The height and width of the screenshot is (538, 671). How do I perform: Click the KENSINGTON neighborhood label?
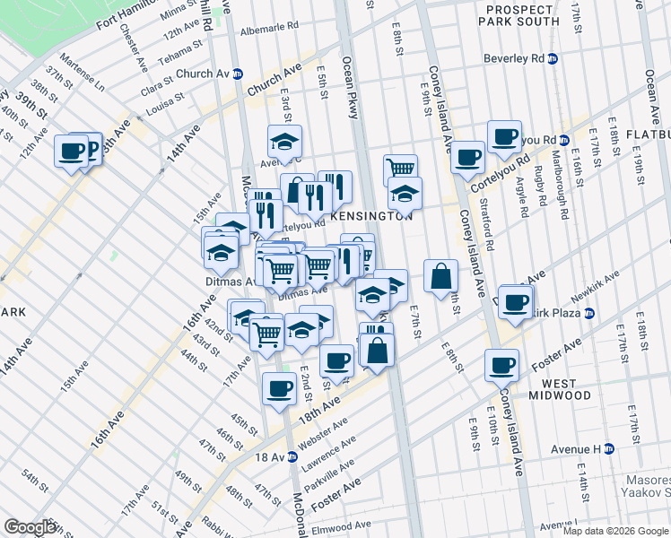click(x=371, y=217)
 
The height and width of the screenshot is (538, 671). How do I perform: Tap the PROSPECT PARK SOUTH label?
click(x=523, y=15)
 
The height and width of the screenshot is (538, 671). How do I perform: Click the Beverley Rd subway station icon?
click(x=553, y=59)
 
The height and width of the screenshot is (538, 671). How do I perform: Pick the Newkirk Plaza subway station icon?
click(x=589, y=313)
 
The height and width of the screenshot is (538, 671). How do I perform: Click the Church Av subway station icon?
click(x=238, y=74)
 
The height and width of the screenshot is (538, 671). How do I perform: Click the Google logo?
click(x=30, y=526)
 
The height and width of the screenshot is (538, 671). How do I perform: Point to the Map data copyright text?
click(x=616, y=531)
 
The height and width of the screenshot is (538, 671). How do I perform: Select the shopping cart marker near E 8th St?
click(x=399, y=168)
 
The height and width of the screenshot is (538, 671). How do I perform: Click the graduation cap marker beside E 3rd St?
click(x=284, y=141)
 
